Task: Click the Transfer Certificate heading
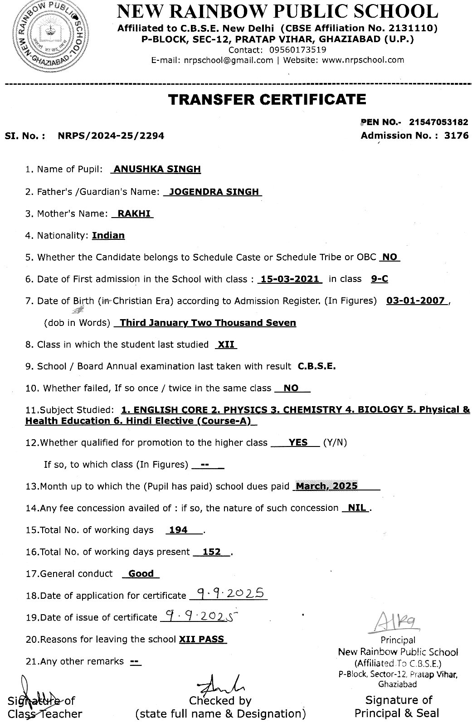267,99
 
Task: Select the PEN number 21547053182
438,122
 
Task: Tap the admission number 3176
457,136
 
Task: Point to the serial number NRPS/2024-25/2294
111,136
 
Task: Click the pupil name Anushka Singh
157,169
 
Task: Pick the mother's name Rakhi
134,214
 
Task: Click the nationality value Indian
108,235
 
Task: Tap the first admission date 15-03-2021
290,279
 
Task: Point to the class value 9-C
379,279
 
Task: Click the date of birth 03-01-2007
415,301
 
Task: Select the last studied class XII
226,345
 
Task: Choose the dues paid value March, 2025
326,486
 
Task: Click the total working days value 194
178,530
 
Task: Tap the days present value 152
211,552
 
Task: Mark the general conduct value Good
141,573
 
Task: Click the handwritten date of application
229,594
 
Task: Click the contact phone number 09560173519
297,50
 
